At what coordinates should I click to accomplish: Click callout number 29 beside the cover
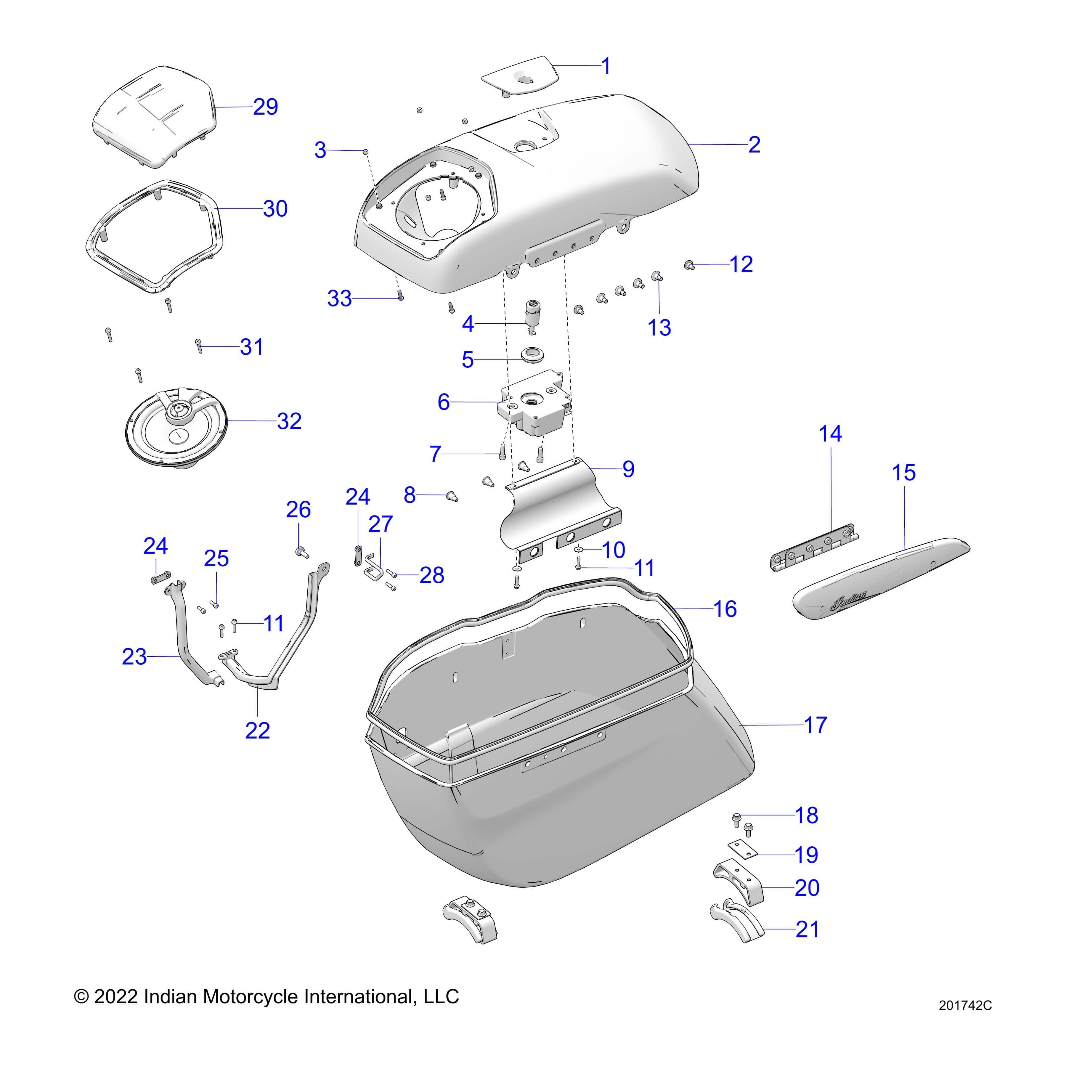click(x=265, y=107)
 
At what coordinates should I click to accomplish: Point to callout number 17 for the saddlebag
click(x=815, y=725)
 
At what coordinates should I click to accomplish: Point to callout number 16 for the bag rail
click(x=725, y=609)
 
